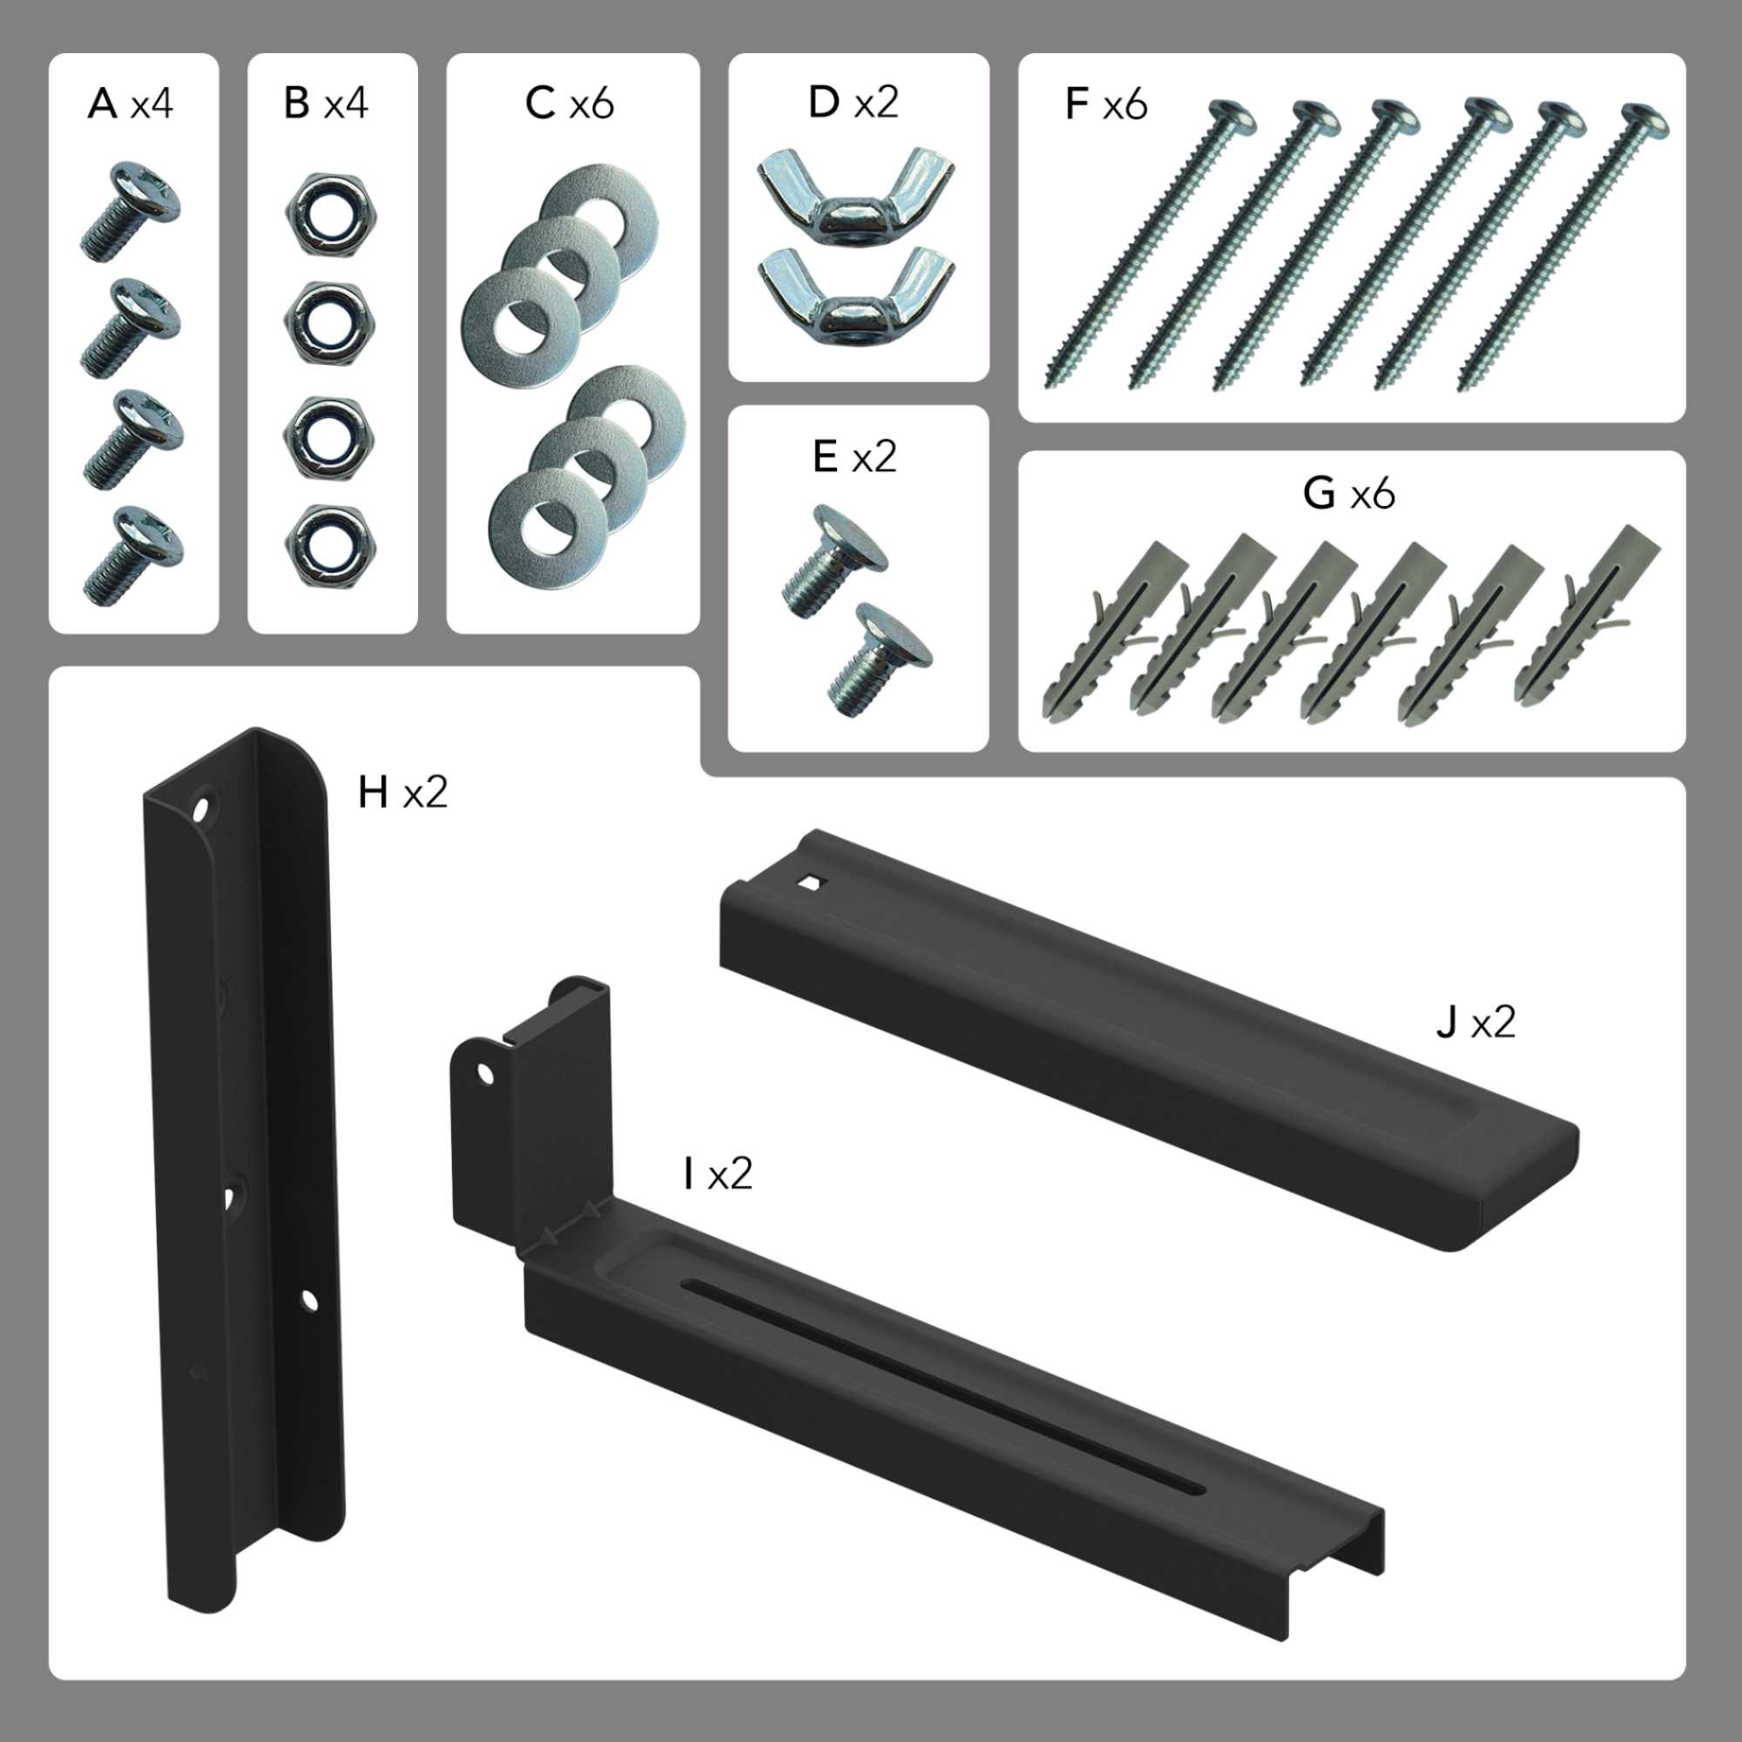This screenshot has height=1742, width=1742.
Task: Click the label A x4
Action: pyautogui.click(x=130, y=105)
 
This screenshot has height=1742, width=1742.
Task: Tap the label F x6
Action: pyautogui.click(x=1105, y=105)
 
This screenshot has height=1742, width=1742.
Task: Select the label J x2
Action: pyautogui.click(x=1475, y=1023)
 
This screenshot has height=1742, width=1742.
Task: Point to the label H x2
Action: pyautogui.click(x=402, y=793)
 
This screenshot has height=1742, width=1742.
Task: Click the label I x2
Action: pyautogui.click(x=718, y=1174)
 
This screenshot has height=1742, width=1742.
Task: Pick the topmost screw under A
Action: pyautogui.click(x=131, y=211)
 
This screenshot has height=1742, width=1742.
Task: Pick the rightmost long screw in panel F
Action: pyautogui.click(x=1563, y=247)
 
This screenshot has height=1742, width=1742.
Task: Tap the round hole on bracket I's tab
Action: pyautogui.click(x=486, y=1073)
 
